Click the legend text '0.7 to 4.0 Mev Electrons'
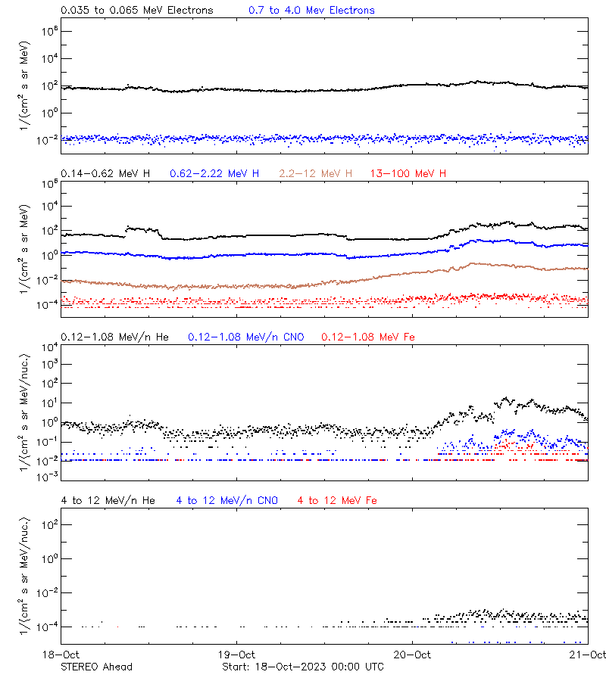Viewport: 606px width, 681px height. coord(311,11)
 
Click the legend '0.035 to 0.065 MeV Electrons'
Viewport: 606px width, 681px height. coord(137,11)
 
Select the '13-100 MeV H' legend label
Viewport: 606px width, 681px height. coord(408,174)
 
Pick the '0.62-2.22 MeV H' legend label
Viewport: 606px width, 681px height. coord(214,174)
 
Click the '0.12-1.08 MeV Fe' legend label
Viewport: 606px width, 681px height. coord(367,337)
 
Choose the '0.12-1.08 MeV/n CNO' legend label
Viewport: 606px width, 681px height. coord(246,337)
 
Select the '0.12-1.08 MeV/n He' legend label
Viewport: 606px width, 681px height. coord(118,337)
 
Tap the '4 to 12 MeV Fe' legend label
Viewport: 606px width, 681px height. coord(337,501)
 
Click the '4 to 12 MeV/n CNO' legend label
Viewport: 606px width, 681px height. coord(227,501)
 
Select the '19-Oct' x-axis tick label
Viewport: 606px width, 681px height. coord(236,655)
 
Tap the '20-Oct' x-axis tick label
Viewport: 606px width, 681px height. coord(413,655)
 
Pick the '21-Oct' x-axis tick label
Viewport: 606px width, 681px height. coord(589,655)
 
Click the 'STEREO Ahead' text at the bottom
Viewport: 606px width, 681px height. coord(96,667)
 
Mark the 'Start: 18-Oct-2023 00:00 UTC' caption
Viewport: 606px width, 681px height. coord(303,667)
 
